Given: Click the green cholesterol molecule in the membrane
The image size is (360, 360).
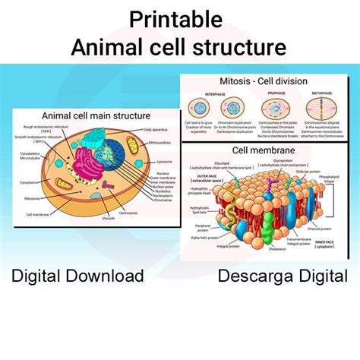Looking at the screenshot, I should [x=267, y=220].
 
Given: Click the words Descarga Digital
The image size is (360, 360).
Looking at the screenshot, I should [x=283, y=275].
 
